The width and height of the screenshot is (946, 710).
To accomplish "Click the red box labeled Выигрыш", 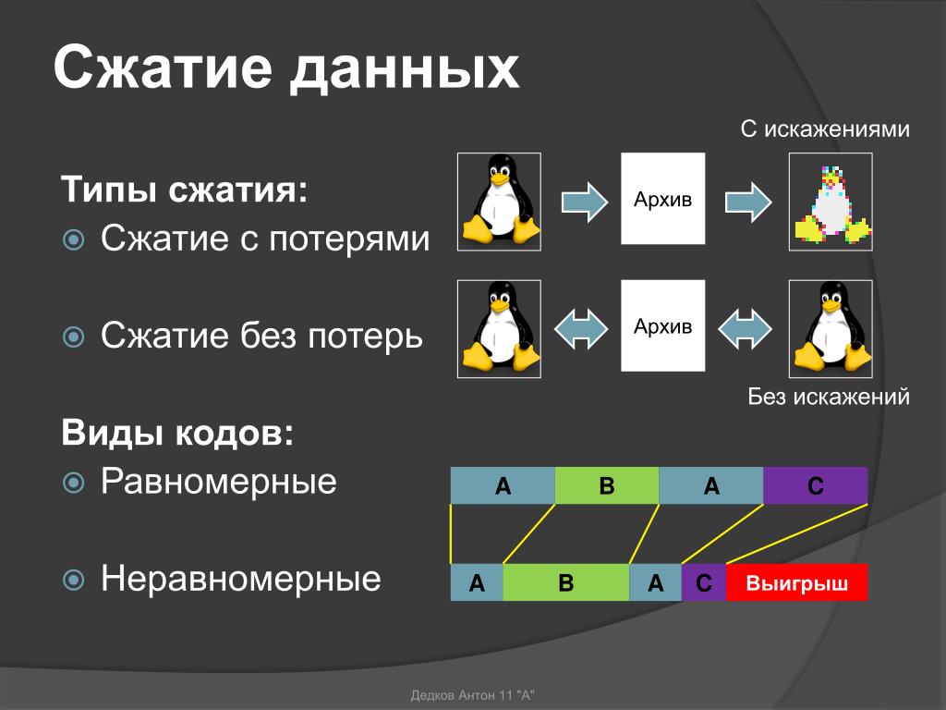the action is pos(796,582).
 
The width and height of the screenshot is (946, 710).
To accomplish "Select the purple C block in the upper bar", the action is pos(815,485).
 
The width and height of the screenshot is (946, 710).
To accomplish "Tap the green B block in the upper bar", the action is pos(607,485).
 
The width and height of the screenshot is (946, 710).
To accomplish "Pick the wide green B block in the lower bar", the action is pos(566,582).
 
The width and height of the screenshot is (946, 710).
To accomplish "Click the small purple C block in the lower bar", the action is pos(704,582).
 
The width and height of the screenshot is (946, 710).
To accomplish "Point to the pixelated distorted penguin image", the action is pos(831,202).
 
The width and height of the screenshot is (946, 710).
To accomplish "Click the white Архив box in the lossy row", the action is pos(663,199).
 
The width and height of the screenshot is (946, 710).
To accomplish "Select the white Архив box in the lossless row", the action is pos(663,325).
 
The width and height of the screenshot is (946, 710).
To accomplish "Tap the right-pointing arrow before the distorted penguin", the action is pos(748,202).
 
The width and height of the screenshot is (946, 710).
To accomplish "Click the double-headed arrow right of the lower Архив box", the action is pos(746,329).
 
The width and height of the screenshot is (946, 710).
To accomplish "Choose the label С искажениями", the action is pos(825,129).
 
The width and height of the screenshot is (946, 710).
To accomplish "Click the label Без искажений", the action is pos(829,396).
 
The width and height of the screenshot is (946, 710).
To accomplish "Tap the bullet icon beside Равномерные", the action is pos(74,483).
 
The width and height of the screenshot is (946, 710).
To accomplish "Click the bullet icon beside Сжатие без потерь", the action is pos(74,337).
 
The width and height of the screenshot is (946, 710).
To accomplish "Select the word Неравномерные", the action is pos(241,579).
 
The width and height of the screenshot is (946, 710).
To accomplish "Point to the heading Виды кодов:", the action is pos(177,433).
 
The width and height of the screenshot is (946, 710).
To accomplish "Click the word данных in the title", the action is pos(405,68).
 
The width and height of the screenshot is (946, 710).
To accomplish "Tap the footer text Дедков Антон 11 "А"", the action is pos(472,695).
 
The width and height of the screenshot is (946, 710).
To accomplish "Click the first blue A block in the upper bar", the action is pos(503,485).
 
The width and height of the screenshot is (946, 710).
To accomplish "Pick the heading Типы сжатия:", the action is pos(185,189).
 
